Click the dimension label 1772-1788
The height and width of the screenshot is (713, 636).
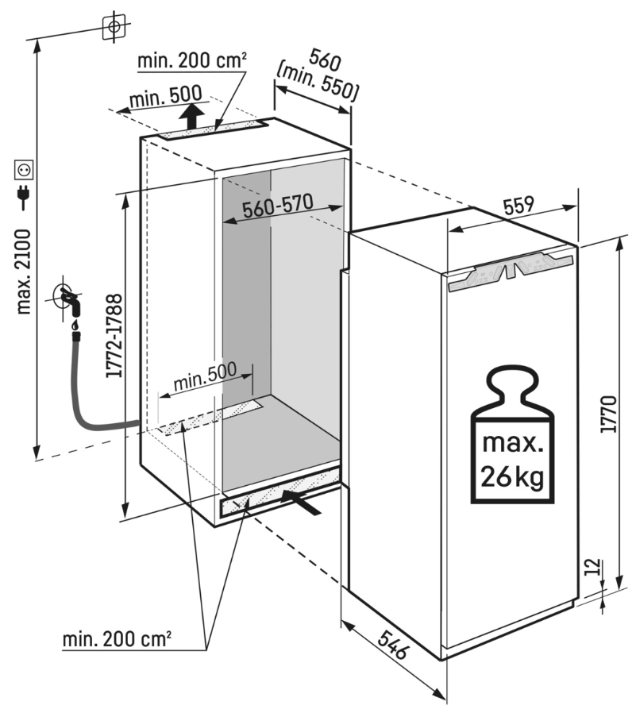click(x=114, y=336)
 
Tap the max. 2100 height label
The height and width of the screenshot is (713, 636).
click(x=23, y=272)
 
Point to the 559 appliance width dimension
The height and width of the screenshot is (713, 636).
click(x=518, y=206)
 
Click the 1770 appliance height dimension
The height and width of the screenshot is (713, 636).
click(x=608, y=414)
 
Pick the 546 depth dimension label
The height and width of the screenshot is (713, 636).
click(x=392, y=644)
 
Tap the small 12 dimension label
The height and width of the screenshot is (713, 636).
click(x=592, y=567)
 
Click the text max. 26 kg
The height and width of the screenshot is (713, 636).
click(x=513, y=460)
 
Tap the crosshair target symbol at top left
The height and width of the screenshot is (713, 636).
click(x=114, y=27)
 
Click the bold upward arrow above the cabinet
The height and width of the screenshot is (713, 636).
click(x=191, y=116)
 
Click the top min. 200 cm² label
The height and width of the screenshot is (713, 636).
click(x=192, y=60)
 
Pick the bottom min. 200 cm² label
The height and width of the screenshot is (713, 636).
click(x=117, y=639)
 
